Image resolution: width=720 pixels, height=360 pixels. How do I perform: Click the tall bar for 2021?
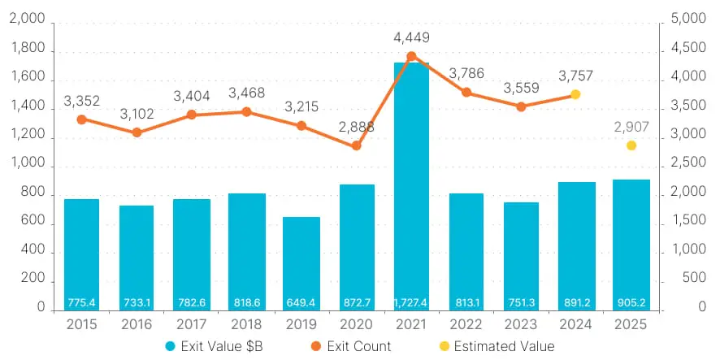[410, 187]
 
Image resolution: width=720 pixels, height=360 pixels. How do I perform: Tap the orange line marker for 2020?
[356, 146]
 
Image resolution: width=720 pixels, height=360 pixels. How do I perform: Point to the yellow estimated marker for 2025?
[631, 145]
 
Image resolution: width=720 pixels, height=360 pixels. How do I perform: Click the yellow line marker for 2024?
[575, 94]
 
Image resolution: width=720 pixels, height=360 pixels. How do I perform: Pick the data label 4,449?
[411, 37]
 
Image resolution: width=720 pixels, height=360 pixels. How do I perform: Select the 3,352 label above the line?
[81, 101]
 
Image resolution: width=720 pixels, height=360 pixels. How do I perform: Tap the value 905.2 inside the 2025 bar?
[631, 303]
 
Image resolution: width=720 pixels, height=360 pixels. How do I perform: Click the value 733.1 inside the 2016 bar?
[136, 303]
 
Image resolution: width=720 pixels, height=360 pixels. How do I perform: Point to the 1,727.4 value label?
[410, 303]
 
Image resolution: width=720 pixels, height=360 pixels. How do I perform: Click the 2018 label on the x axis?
[245, 323]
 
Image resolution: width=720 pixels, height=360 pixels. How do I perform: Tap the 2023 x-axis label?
[521, 323]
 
